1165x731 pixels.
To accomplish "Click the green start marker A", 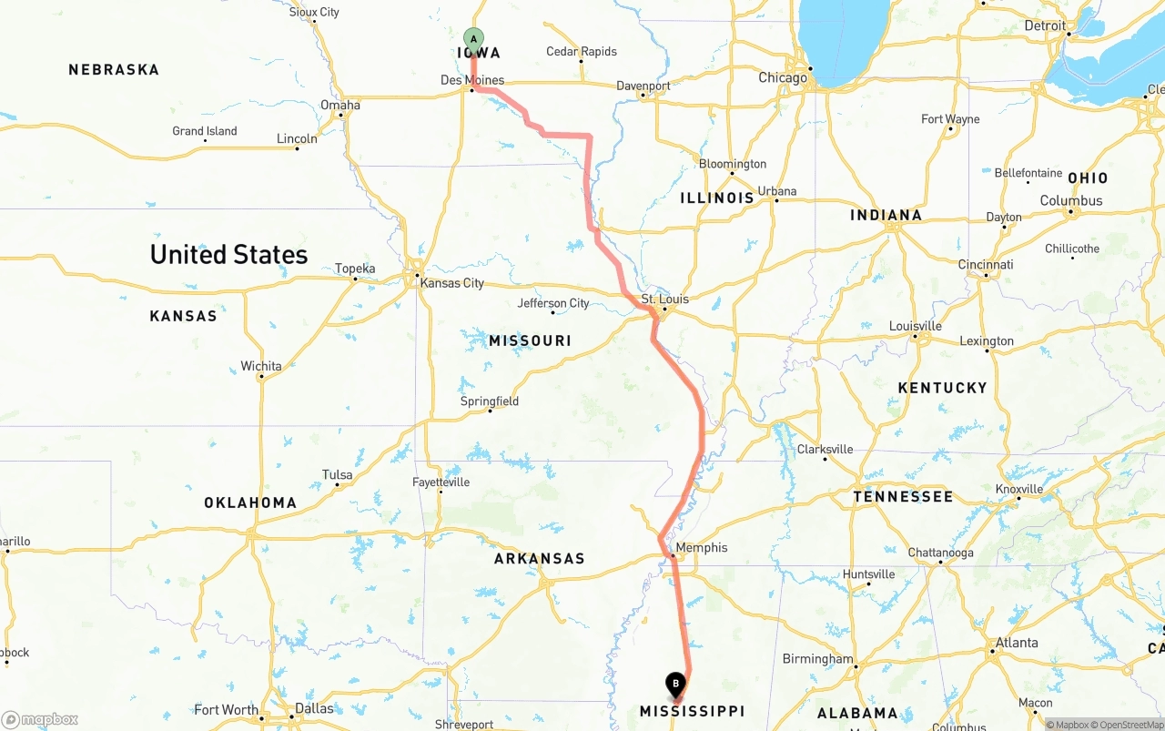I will pos(473,38).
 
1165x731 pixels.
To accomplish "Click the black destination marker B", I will pos(675,684).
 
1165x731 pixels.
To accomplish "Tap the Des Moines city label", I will pos(471,80).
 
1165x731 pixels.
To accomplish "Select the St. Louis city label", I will pos(664,299).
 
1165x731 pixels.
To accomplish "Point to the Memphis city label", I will pos(702,547).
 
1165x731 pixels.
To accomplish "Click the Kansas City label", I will pos(451,283).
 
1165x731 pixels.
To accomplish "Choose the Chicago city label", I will pos(783,77).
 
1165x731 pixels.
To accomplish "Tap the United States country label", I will pos(228,254).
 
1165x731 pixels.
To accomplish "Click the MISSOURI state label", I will pos(530,340).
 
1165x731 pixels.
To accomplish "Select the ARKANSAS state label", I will pos(539,558).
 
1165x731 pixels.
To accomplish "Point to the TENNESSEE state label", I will pos(903,496).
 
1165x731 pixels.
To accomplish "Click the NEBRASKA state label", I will pos(114,69).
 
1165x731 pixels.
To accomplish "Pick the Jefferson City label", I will pos(553,303).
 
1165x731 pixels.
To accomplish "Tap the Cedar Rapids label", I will pos(581,52).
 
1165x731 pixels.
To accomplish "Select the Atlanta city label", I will pos(1016,643).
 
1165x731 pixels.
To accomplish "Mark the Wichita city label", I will pos(261,366).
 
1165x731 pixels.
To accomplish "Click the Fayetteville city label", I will pos(441,482).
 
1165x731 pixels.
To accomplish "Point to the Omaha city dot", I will pos(341,115).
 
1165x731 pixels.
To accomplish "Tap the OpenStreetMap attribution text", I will pos(1128,725).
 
